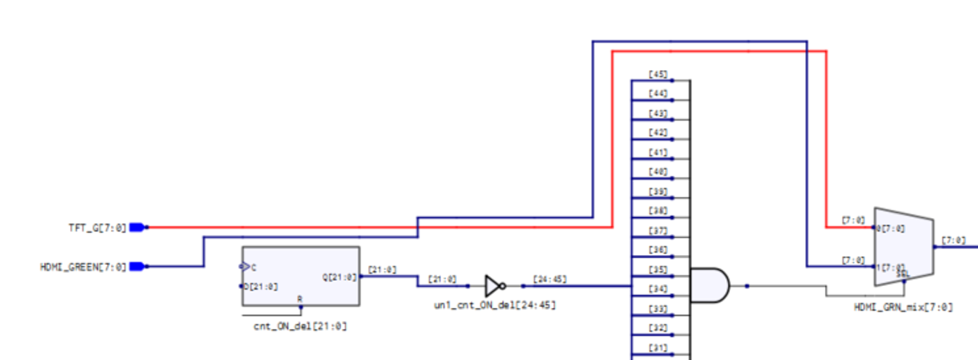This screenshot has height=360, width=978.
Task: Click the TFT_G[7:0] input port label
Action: click(101, 227)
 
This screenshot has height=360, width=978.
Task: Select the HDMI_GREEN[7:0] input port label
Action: click(83, 267)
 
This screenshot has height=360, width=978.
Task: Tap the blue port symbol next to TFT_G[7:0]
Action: click(137, 227)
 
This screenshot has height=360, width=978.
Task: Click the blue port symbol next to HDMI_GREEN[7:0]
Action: click(137, 267)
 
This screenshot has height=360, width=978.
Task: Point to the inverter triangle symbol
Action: click(493, 285)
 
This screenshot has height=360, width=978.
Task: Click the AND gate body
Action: click(709, 285)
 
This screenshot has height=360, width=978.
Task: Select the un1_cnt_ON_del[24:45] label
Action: click(495, 305)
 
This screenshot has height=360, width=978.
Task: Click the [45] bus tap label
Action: click(658, 74)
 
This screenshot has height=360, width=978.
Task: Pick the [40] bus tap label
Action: click(658, 172)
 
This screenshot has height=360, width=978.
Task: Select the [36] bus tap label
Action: click(658, 250)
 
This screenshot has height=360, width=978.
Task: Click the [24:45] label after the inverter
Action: click(550, 279)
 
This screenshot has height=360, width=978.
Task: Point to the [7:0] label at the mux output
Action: click(953, 240)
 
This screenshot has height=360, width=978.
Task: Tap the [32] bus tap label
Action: click(658, 327)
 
